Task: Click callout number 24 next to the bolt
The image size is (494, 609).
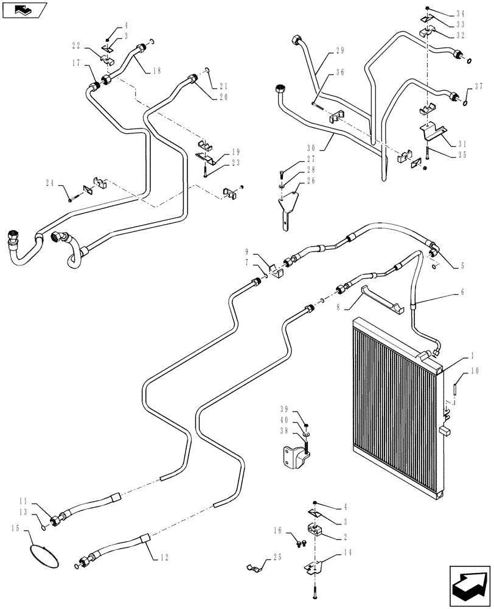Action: click(x=50, y=182)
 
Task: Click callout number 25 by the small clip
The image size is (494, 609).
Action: click(x=278, y=557)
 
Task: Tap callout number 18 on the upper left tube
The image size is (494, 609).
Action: click(x=158, y=71)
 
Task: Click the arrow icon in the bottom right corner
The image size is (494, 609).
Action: click(x=469, y=584)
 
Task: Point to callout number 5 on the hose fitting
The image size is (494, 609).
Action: click(x=463, y=266)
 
